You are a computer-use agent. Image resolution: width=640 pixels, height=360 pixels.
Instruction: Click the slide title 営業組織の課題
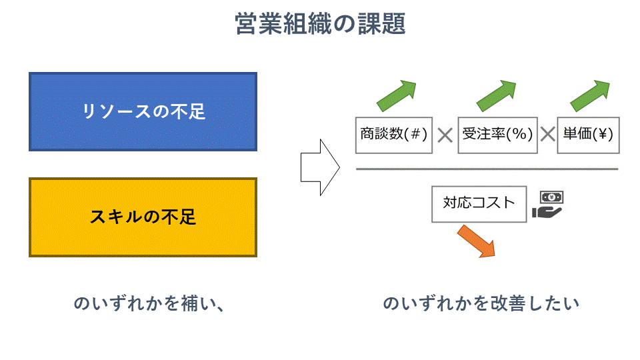(x=320, y=25)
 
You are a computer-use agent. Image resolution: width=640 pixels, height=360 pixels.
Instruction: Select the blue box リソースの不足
(x=143, y=111)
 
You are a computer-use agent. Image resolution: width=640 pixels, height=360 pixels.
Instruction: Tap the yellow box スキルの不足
(x=143, y=217)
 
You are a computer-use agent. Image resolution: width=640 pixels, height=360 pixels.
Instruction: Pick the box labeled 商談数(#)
(x=393, y=134)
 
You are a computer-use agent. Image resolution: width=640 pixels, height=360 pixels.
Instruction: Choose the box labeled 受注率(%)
(x=498, y=134)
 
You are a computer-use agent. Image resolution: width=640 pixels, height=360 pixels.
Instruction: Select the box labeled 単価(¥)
(x=587, y=134)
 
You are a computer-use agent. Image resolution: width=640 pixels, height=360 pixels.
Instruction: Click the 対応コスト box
(x=479, y=203)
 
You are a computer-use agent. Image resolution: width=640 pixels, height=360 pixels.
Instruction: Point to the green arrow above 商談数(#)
(x=397, y=95)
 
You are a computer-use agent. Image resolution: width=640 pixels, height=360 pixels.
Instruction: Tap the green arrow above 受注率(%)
(x=497, y=95)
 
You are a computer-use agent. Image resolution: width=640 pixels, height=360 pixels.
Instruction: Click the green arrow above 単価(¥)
(x=591, y=95)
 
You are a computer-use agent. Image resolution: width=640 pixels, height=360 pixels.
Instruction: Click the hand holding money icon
(x=548, y=205)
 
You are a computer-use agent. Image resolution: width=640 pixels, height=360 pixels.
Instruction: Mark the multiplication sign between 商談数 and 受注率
(x=445, y=135)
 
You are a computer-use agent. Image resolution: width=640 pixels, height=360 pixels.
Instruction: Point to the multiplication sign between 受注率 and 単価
(x=547, y=135)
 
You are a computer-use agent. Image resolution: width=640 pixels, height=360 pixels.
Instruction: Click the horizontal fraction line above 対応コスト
(x=487, y=169)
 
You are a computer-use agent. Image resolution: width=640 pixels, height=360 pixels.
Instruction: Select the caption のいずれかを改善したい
(x=481, y=303)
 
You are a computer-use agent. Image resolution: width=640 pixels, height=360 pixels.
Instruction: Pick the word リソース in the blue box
(x=116, y=111)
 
